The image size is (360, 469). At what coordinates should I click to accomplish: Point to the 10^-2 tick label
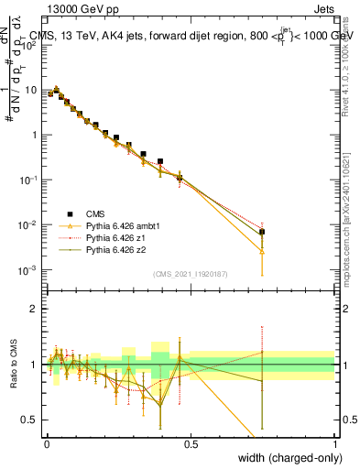tap(27, 224)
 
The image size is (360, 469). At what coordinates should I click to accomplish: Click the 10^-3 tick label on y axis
tap(27, 269)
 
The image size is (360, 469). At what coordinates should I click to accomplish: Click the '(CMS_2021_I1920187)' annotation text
tap(190, 274)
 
